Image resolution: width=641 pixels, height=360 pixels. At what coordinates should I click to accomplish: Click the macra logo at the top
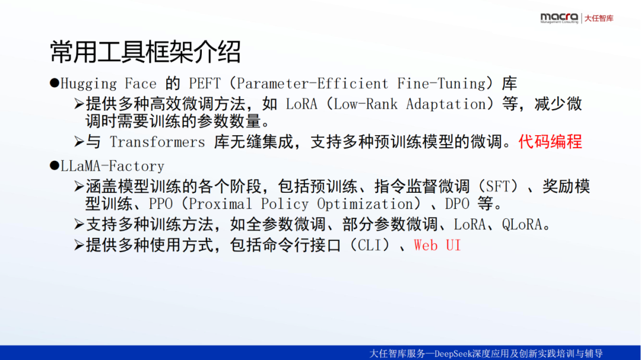click(559, 18)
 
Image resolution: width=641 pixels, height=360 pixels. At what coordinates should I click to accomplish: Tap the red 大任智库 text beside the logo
click(599, 18)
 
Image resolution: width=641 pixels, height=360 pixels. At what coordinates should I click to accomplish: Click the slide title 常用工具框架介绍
click(145, 52)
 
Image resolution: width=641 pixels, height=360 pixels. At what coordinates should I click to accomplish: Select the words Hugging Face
click(109, 84)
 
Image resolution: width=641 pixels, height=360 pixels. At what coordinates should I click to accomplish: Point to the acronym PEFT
click(204, 84)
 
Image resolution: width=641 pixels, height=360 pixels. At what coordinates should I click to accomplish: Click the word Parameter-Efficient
click(312, 84)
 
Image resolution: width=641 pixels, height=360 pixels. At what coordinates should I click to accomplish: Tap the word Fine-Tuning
click(441, 84)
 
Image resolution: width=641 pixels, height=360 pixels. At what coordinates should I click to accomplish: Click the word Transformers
click(157, 142)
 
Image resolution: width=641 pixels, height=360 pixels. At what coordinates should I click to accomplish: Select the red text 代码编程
click(550, 142)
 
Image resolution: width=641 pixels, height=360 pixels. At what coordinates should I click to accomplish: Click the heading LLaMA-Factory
click(112, 166)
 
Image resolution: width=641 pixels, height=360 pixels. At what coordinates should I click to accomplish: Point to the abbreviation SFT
click(497, 187)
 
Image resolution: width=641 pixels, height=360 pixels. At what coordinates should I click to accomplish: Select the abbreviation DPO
click(457, 203)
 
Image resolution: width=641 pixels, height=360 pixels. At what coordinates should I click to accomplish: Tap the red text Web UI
click(437, 245)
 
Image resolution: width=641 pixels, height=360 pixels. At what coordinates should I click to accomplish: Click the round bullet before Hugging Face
click(55, 84)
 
